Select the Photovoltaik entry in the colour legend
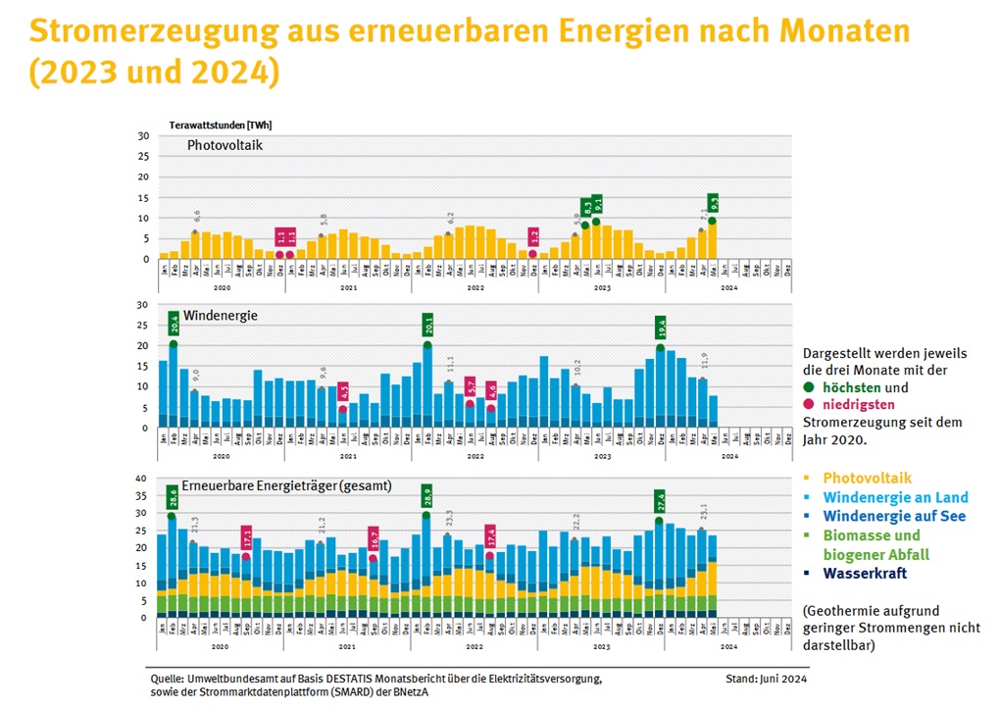click(x=867, y=478)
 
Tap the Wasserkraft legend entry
click(x=865, y=574)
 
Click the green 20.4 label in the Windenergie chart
click(x=174, y=325)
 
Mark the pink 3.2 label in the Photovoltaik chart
click(x=533, y=236)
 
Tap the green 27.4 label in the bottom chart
click(x=660, y=500)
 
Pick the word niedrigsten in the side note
click(x=859, y=404)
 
